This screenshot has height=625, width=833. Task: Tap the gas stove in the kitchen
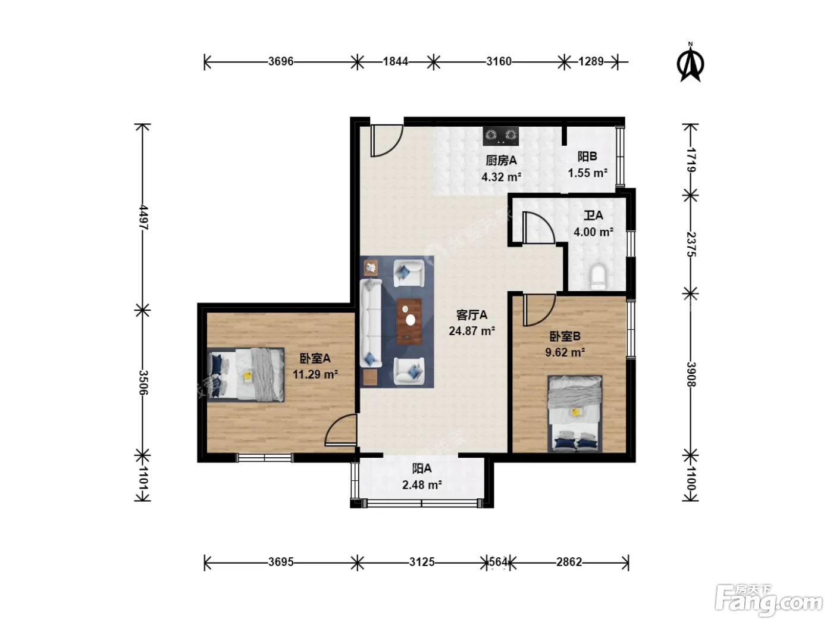(501, 136)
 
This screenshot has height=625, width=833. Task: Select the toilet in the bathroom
(599, 277)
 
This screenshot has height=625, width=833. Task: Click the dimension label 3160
(499, 61)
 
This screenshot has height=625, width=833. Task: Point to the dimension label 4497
(143, 217)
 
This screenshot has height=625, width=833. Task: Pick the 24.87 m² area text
(472, 331)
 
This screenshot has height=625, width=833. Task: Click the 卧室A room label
(315, 358)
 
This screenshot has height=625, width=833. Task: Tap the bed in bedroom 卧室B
(575, 414)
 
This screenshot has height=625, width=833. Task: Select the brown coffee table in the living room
(409, 322)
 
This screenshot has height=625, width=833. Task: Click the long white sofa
(371, 323)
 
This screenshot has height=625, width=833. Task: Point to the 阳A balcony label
(422, 468)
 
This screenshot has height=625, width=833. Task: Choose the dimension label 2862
(569, 562)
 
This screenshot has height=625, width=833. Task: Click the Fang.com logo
(768, 601)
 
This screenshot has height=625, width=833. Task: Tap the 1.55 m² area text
(587, 173)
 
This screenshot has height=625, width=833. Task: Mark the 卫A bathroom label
(593, 215)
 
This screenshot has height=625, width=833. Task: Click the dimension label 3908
(691, 374)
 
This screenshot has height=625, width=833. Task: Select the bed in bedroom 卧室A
(246, 374)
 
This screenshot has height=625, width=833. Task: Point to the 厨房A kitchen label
(501, 161)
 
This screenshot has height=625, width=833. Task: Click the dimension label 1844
(396, 61)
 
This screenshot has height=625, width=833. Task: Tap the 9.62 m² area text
(565, 352)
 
